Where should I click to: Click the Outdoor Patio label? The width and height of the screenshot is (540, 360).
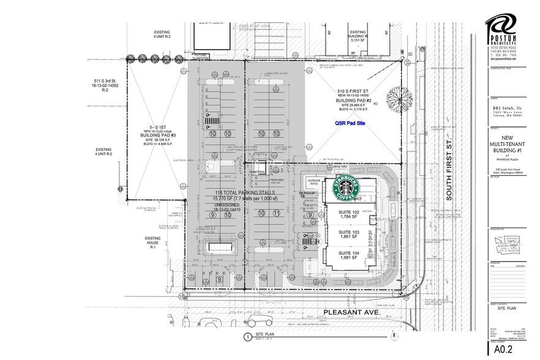point(315,182)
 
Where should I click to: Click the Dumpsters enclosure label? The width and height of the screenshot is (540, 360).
point(257,172)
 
